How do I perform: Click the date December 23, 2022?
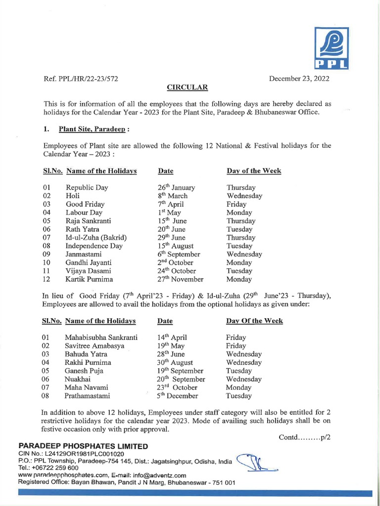[x=299, y=79]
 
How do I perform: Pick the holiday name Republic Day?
[x=87, y=188]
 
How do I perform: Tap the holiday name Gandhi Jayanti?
[x=89, y=262]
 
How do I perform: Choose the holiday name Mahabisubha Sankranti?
[x=101, y=337]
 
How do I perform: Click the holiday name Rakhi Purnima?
[x=88, y=362]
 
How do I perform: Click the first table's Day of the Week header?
[x=254, y=171]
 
